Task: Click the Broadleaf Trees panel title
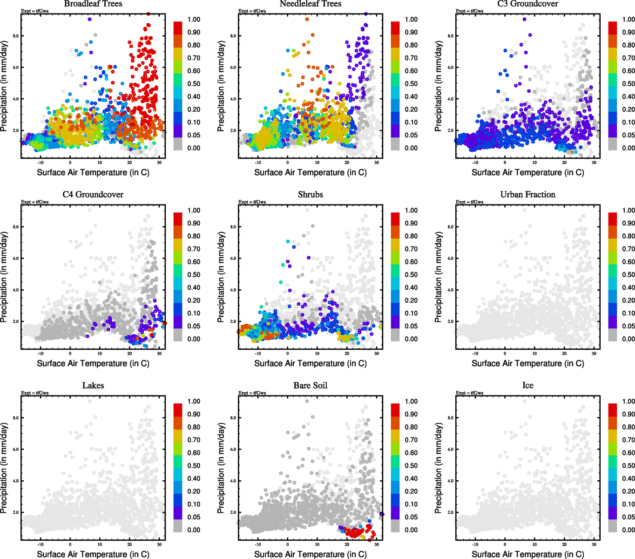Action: point(93,4)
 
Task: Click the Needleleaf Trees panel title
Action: point(311,4)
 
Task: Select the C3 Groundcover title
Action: point(527,4)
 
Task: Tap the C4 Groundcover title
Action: point(93,195)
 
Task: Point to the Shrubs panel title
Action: point(311,195)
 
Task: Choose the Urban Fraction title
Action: point(527,195)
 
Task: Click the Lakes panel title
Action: point(93,386)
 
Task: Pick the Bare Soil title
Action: point(311,386)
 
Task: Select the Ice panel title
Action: point(527,386)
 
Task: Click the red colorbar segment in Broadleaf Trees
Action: point(178,27)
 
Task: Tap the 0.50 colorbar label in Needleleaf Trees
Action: point(411,84)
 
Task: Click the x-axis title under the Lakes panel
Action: point(93,554)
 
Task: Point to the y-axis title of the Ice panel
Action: point(439,468)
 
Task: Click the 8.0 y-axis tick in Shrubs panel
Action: point(233,227)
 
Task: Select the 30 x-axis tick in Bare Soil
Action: point(377,545)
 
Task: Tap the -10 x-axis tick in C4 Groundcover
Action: point(41,354)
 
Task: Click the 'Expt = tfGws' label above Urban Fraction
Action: point(469,202)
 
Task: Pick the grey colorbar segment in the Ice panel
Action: point(613,526)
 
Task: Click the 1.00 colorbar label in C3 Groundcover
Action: point(628,20)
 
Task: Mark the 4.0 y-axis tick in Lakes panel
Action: point(15,481)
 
